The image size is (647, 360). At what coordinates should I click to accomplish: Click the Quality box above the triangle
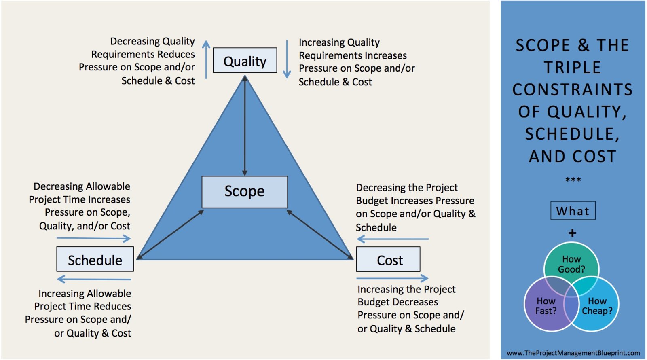(x=245, y=60)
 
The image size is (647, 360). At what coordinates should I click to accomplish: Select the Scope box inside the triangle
(x=245, y=192)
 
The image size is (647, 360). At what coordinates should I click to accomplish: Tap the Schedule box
(x=95, y=259)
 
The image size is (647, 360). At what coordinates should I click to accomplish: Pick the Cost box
(x=388, y=259)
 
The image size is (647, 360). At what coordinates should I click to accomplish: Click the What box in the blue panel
(x=573, y=211)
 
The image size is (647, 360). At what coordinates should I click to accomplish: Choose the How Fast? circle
(x=544, y=307)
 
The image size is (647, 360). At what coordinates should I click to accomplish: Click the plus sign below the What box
(x=572, y=233)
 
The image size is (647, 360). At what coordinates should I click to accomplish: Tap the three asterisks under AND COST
(x=573, y=180)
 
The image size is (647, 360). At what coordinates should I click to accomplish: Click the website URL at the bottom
(x=573, y=353)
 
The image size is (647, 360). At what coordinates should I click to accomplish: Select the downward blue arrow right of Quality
(x=287, y=59)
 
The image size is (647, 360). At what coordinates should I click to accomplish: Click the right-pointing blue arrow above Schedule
(x=94, y=239)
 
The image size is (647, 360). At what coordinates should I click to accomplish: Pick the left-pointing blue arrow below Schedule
(x=94, y=279)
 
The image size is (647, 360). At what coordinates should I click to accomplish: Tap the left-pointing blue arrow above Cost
(x=392, y=239)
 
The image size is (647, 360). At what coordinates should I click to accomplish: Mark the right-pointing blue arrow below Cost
(x=392, y=278)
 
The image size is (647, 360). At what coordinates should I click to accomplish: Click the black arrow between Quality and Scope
(x=245, y=125)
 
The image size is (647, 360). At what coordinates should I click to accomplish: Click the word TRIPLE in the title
(x=572, y=68)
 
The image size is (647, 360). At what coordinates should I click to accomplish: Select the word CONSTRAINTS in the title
(x=572, y=90)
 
